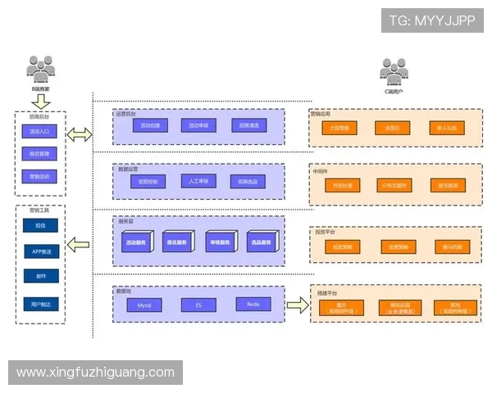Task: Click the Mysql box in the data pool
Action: tap(144, 305)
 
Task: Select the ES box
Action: tap(198, 305)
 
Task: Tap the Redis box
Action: tap(253, 305)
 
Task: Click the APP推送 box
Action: tap(40, 251)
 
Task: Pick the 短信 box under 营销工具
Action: tap(40, 226)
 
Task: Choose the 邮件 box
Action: tap(40, 277)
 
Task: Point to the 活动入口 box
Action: tap(39, 131)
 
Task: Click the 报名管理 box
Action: tap(39, 153)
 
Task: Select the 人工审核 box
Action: tap(198, 181)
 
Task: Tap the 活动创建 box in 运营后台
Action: tap(149, 126)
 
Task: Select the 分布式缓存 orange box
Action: tap(391, 186)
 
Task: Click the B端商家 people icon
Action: tap(39, 68)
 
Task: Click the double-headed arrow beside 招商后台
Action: tap(80, 135)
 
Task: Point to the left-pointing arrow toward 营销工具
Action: tap(80, 243)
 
